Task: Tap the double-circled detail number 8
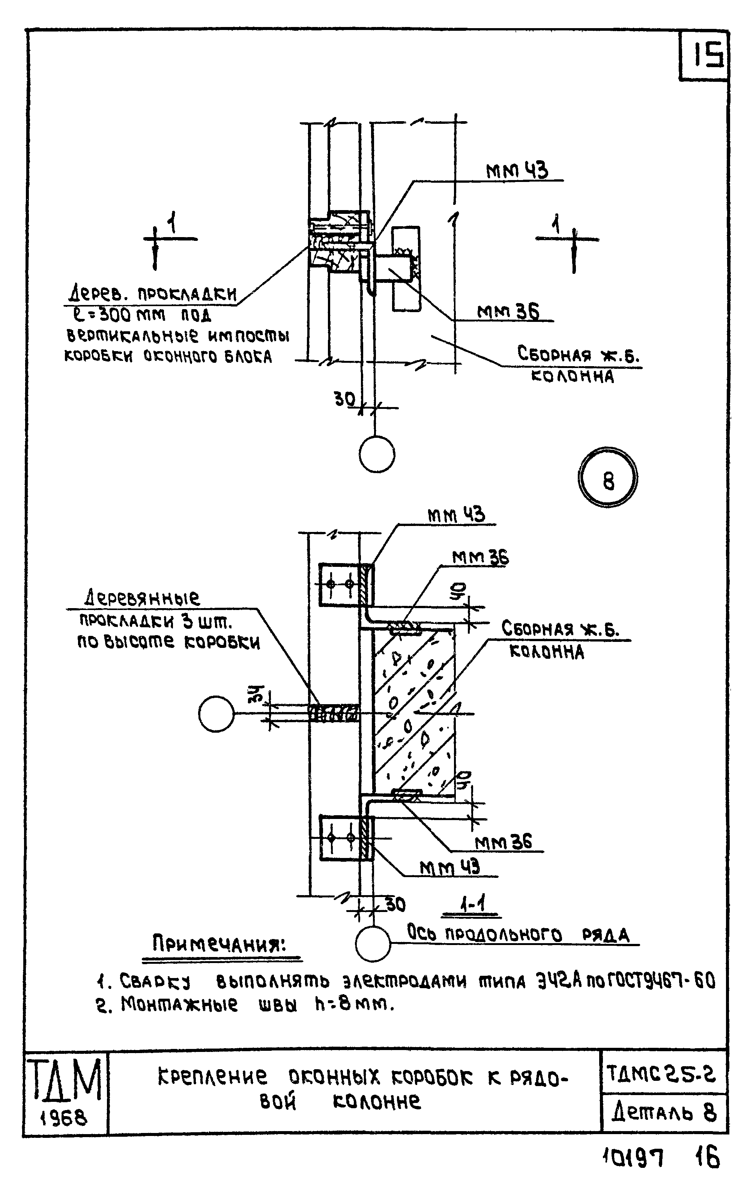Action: point(608,477)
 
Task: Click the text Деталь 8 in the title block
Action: point(664,1113)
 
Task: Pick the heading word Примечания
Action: point(219,944)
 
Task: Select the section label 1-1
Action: point(472,904)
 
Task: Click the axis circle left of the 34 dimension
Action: point(216,714)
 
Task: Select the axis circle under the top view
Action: point(377,454)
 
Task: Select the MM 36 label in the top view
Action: point(508,312)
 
